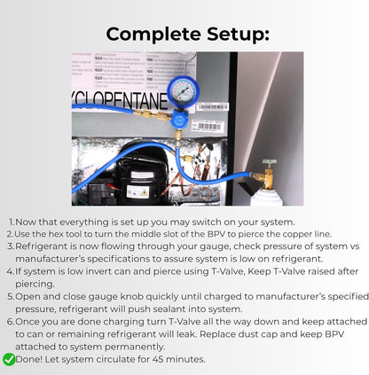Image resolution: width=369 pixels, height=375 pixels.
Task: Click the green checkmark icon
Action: tap(9, 359)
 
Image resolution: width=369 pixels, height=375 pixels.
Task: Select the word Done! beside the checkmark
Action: tap(32, 359)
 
